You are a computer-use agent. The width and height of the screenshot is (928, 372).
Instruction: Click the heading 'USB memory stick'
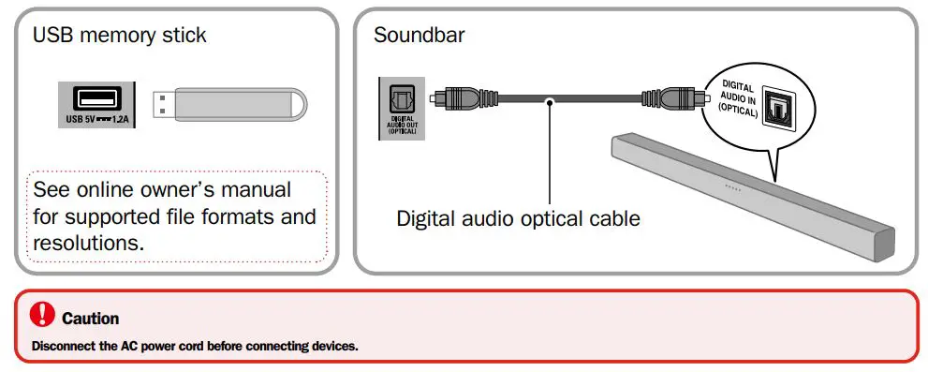pos(120,36)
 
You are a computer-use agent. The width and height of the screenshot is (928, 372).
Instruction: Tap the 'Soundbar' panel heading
pos(419,36)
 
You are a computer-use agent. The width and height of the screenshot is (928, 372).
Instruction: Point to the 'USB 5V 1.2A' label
pos(97,119)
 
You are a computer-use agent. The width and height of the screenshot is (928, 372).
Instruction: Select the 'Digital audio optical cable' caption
pos(518,218)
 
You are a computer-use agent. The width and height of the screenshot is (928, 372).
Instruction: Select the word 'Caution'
pos(90,319)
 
